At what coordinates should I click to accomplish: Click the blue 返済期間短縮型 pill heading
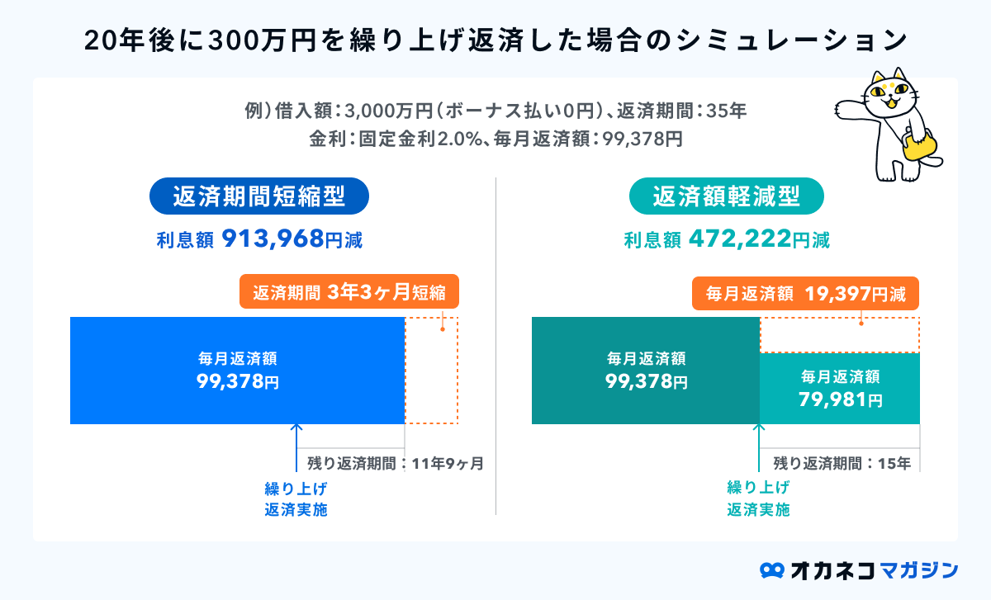coord(258,197)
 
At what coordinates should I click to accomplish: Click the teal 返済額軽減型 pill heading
coord(727,197)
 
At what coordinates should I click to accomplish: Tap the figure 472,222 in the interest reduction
coord(737,239)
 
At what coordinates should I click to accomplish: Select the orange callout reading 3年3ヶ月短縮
coord(349,292)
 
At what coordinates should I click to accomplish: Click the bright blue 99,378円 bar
coord(237,371)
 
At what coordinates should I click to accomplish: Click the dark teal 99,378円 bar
coord(645,371)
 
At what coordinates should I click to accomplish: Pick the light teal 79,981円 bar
coord(839,389)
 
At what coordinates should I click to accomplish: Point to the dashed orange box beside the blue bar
coord(431,371)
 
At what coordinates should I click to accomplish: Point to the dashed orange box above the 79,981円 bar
coord(839,335)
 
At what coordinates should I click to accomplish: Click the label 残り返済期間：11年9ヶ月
coord(395,463)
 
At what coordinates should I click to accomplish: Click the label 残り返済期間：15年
coord(842,463)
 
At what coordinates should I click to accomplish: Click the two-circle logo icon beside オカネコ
coord(771,570)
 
